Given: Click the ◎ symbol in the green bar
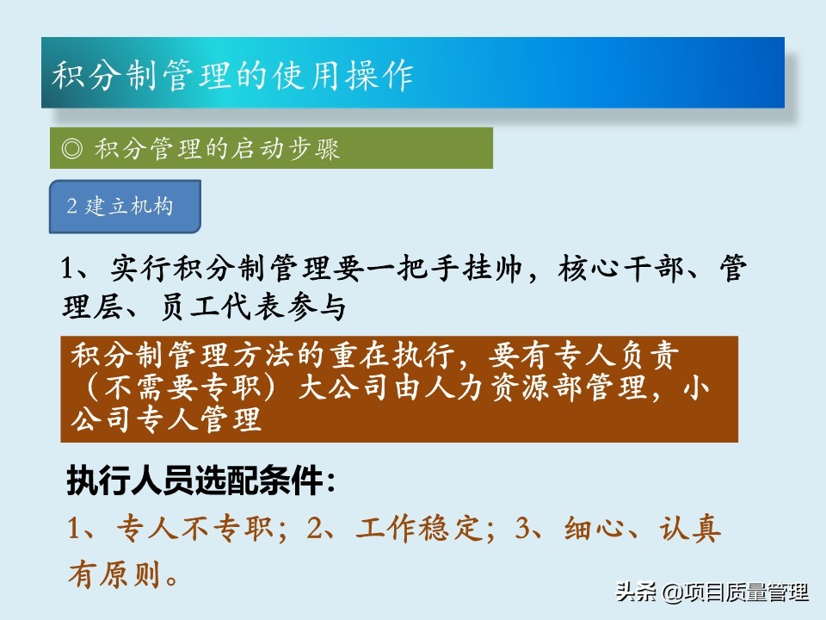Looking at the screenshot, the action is (71, 148).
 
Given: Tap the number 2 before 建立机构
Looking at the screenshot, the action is (71, 206).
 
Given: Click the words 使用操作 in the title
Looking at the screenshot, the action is (342, 74).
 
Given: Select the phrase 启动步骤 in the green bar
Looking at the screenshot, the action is (286, 149).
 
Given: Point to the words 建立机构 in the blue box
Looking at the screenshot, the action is (129, 206).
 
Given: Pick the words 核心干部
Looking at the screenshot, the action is (620, 269).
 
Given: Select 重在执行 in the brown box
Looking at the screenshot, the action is (392, 356).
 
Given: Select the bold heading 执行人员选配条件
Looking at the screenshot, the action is (194, 480).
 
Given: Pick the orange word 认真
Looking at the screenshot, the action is (689, 528).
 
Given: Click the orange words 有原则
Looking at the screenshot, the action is (114, 574).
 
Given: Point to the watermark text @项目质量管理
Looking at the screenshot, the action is (736, 592).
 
